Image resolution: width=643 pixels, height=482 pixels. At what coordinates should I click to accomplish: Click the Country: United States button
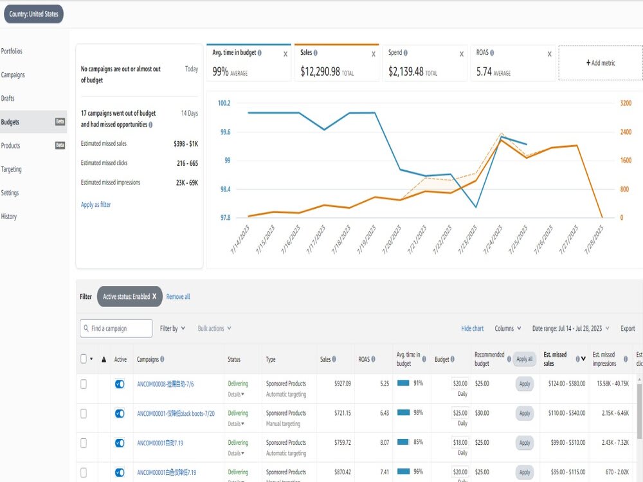tap(33, 14)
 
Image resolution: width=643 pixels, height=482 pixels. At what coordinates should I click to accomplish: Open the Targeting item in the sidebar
tap(12, 169)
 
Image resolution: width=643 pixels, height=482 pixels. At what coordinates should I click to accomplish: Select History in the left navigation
tap(8, 217)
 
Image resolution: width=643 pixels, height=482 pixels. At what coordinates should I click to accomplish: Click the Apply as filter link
tap(96, 204)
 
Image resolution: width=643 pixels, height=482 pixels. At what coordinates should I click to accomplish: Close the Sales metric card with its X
tap(373, 54)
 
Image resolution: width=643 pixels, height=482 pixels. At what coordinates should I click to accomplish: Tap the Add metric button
tap(601, 63)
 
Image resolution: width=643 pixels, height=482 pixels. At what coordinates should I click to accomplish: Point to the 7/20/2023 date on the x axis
tap(392, 239)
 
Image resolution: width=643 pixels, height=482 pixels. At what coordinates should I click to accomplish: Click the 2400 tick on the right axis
tap(626, 132)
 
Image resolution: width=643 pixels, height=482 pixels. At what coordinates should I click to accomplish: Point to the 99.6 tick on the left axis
tap(225, 132)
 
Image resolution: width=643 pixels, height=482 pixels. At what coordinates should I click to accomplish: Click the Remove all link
tap(178, 296)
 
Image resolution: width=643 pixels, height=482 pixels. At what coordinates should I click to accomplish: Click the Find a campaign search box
tap(116, 328)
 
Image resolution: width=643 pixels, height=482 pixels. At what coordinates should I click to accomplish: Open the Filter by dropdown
tap(172, 328)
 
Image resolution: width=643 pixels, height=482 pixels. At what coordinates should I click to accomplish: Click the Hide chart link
tap(473, 328)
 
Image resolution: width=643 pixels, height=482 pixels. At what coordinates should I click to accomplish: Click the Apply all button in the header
tap(525, 359)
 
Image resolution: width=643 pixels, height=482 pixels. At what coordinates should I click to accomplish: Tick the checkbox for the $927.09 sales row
tap(84, 384)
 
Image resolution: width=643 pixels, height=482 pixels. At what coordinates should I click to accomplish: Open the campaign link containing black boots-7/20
tap(176, 413)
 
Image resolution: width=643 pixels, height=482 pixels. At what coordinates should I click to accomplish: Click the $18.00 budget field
tap(460, 443)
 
